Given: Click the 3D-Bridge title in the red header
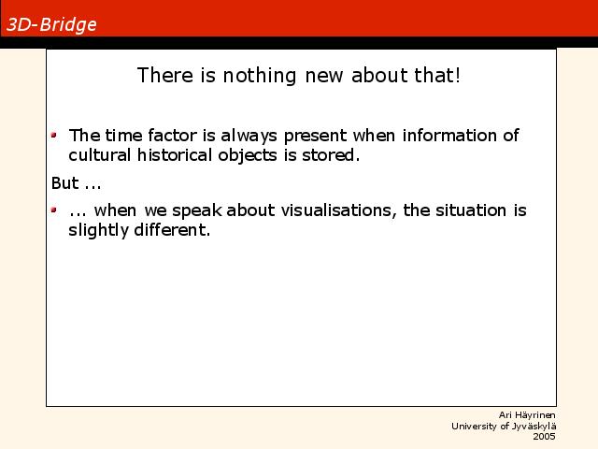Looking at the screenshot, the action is point(51,25).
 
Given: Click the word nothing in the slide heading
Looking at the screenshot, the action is point(260,76).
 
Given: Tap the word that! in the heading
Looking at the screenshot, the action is point(437,75).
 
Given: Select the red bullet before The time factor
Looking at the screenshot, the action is point(54,135).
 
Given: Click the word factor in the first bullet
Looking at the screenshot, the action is point(172,135).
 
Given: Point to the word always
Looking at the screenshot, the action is point(249,136).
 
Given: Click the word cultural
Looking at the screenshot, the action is point(100,155).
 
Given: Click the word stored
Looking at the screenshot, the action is point(331,155).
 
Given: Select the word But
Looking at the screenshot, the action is point(64,183).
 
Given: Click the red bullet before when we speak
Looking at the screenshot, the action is point(54,210).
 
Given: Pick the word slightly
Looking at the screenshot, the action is point(98,231).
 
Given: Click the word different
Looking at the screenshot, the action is point(172,230).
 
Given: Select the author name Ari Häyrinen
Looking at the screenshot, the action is point(527,415).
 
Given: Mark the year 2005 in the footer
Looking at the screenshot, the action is point(544,437).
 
